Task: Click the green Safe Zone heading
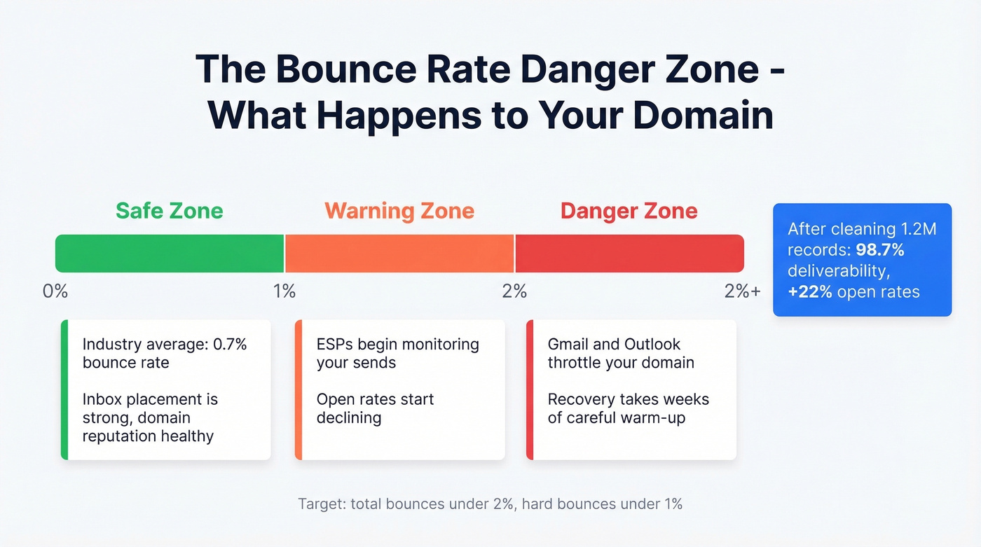click(169, 211)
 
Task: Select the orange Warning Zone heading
click(399, 211)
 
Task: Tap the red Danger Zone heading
click(629, 211)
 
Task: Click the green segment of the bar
click(170, 254)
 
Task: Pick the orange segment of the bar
click(399, 254)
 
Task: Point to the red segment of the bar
click(629, 254)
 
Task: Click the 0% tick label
click(55, 291)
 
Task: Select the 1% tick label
click(284, 291)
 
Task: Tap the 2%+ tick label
click(742, 291)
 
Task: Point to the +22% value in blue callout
click(810, 291)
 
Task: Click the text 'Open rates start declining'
click(375, 408)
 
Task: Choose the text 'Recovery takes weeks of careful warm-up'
click(628, 408)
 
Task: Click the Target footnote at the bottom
click(490, 504)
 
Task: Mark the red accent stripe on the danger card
click(530, 389)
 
